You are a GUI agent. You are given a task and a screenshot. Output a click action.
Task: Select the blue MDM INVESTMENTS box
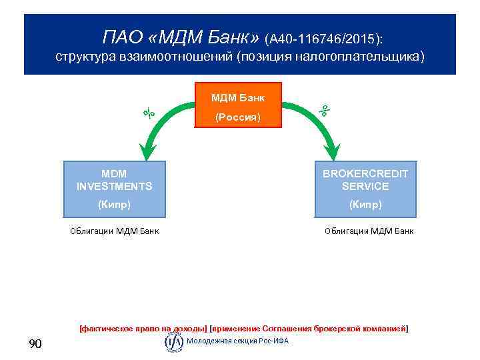[x=114, y=189]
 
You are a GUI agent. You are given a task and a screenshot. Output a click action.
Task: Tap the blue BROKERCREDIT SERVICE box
[x=365, y=189]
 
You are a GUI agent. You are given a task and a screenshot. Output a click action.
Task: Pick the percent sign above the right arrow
[x=325, y=111]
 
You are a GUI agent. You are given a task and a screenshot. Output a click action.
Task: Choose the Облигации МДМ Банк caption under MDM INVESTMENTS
[x=114, y=231]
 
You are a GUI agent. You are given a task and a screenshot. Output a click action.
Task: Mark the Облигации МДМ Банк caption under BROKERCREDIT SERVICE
[x=369, y=231]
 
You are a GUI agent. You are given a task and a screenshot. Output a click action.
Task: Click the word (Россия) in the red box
[x=237, y=117]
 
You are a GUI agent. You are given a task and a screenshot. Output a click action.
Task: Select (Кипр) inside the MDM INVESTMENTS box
[x=114, y=205]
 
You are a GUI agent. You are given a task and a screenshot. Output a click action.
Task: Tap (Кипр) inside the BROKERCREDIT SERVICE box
[x=365, y=205]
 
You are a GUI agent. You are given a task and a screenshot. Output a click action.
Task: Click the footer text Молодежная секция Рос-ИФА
[x=238, y=341]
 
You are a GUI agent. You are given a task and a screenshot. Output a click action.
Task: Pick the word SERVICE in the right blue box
[x=365, y=187]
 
